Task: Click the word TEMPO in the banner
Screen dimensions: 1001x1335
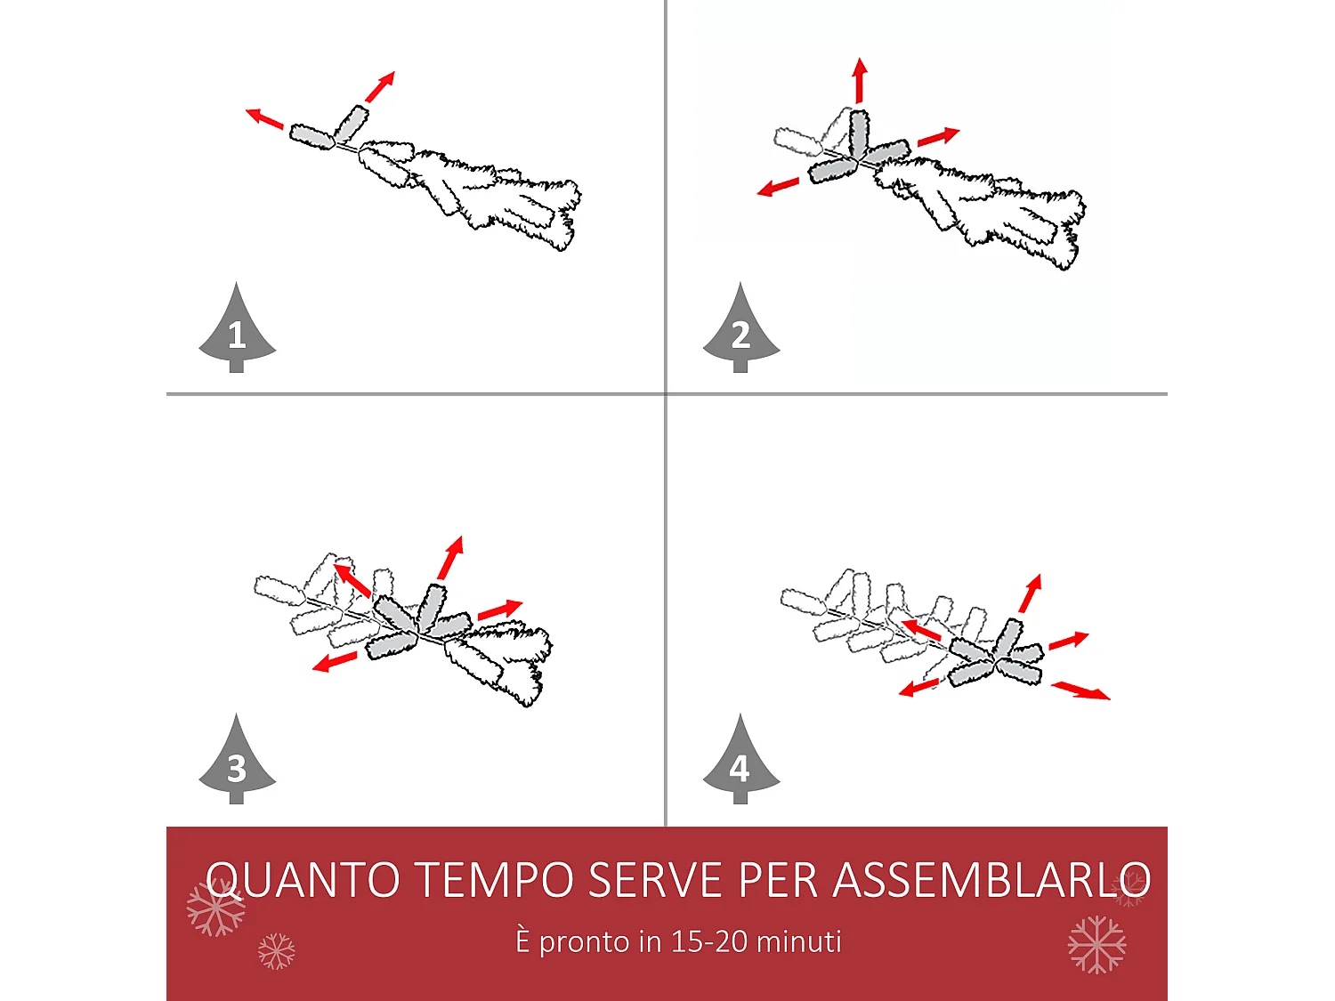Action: [495, 880]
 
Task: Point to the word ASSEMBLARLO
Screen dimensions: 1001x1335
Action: [991, 880]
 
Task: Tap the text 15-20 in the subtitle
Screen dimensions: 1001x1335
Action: [710, 941]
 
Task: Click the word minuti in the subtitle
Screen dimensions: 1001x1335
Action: [797, 941]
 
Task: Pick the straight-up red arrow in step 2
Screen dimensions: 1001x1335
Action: [859, 80]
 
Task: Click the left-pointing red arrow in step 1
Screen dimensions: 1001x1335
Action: [264, 117]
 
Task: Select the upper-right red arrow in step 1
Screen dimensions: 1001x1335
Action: [380, 87]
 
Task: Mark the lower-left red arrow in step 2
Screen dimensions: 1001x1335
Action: [778, 187]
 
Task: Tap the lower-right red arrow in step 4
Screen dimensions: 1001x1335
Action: [1080, 690]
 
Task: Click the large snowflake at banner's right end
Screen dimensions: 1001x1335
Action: [1096, 944]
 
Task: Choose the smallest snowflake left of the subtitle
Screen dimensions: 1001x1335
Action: [276, 951]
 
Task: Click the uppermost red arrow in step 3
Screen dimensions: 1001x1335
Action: [451, 558]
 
